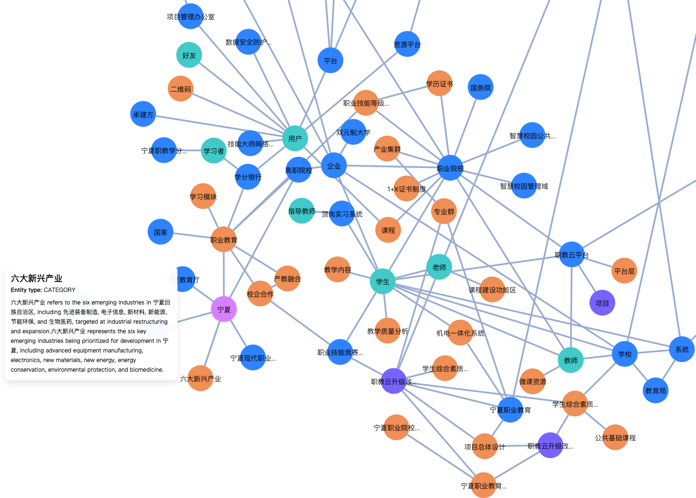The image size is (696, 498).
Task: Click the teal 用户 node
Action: coord(295,138)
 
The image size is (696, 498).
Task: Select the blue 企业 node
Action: coord(334,166)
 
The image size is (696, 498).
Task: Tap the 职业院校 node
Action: coord(450,168)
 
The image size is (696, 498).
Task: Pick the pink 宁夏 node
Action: coord(224,309)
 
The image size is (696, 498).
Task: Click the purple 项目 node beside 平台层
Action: coord(602,303)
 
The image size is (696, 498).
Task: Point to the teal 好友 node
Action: coord(189,55)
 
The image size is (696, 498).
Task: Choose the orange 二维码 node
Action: coord(181,89)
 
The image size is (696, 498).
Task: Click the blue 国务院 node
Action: coord(481,87)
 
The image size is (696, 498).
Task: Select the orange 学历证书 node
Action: coord(439,84)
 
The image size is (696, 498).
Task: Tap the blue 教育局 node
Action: coord(656,390)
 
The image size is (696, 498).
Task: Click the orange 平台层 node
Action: coord(624,271)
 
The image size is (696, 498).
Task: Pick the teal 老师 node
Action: coord(439,267)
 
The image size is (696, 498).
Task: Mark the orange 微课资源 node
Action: coord(532,381)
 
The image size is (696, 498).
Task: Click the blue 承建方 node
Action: coord(143,114)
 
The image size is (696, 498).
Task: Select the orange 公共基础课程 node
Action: coord(615,437)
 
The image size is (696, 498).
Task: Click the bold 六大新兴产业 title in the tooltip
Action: coord(36,279)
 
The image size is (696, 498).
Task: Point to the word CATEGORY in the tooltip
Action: coord(59,290)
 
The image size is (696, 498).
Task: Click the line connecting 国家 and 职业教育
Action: coord(192,236)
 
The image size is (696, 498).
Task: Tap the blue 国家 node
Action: coord(160,232)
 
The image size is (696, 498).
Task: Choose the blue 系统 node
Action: coord(682,349)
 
